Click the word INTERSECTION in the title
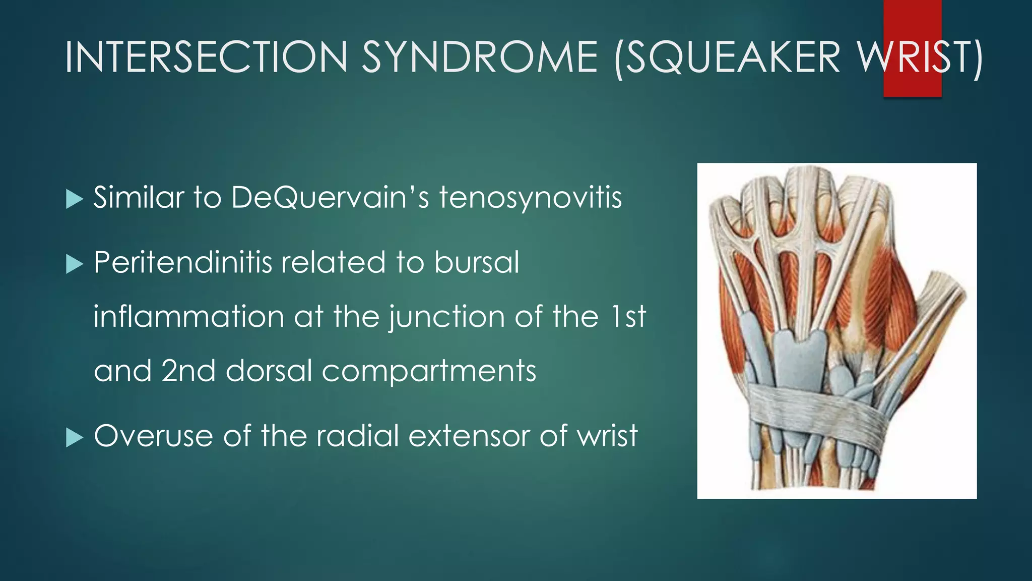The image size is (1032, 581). (206, 56)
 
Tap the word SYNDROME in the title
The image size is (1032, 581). (479, 56)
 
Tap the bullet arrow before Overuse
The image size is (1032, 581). (74, 437)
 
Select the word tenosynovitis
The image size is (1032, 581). (530, 197)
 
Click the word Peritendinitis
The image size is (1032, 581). (182, 262)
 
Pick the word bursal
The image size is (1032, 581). (476, 262)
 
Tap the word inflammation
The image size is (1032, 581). (189, 317)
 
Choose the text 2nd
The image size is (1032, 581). (189, 371)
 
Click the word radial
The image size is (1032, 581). (358, 436)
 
